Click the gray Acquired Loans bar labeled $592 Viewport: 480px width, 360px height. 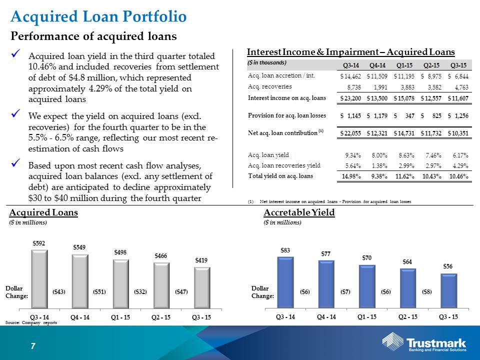(40, 279)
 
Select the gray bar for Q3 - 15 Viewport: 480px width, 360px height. (202, 288)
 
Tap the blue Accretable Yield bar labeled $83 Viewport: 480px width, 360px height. (285, 282)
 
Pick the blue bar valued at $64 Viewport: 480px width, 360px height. (408, 288)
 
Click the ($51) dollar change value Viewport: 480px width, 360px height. (99, 291)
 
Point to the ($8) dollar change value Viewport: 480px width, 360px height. (427, 291)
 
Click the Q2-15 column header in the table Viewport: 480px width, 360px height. (431, 65)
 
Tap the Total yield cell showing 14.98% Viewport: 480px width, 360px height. (351, 176)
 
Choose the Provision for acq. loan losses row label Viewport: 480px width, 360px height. (287, 115)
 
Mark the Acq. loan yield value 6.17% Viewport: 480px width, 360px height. (460, 155)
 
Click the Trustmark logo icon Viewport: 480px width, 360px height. (393, 340)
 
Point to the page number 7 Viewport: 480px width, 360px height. (33, 346)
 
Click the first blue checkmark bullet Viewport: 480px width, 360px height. (15, 54)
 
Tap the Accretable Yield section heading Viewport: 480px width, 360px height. (299, 212)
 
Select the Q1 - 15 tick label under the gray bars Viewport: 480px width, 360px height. (120, 317)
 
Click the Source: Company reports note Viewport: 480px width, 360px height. (31, 322)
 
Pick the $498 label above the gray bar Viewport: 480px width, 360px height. (120, 252)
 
